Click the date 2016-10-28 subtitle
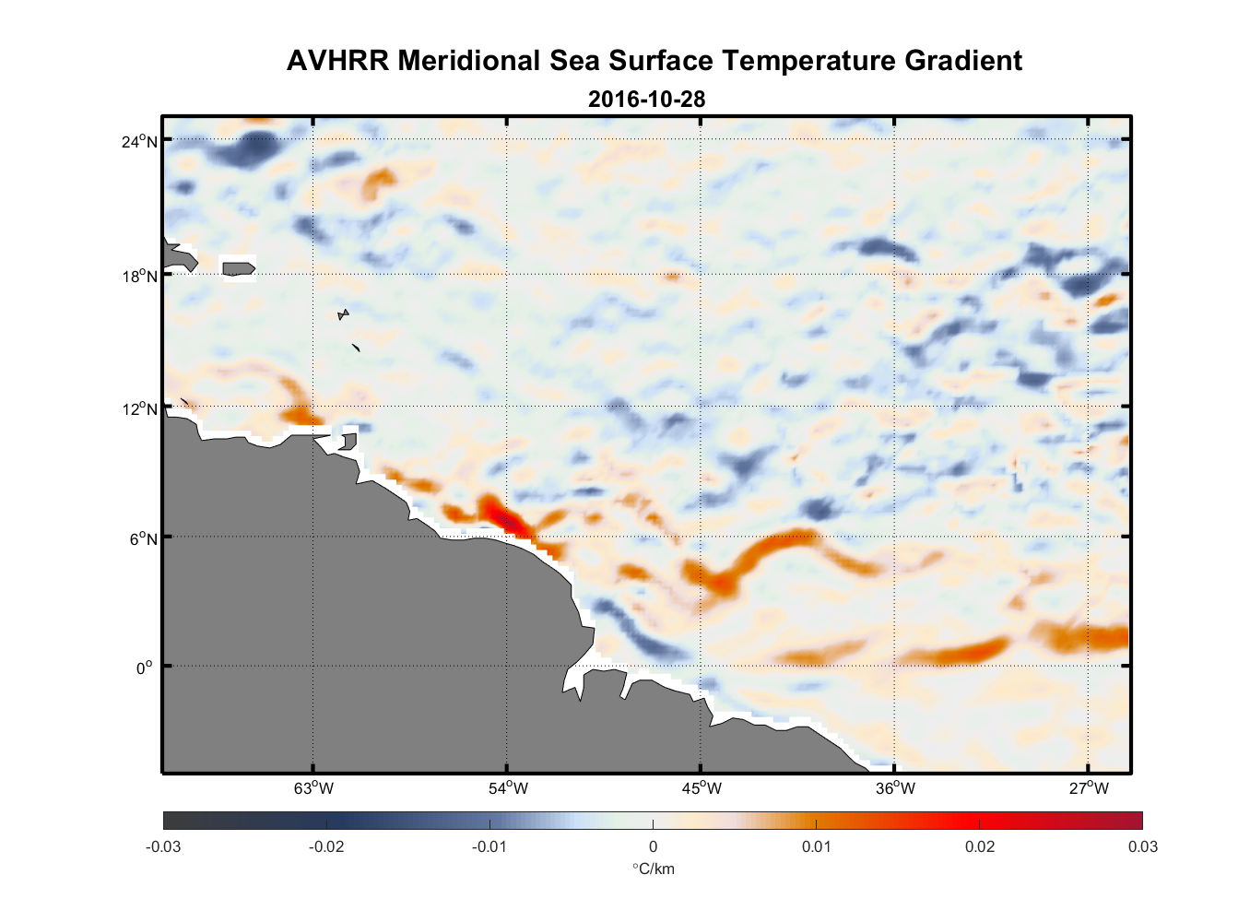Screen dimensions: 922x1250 [646, 99]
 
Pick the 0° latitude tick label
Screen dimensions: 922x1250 [146, 668]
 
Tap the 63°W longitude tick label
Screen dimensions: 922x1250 [313, 788]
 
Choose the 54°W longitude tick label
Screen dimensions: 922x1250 [508, 788]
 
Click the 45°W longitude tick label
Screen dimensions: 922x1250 [702, 788]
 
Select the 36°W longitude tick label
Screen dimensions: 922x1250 [895, 788]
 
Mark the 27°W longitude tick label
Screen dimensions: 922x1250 [1089, 788]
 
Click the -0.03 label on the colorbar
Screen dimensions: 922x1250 [163, 846]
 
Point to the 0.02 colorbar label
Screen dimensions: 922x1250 [980, 846]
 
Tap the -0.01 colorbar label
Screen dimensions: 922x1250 [489, 846]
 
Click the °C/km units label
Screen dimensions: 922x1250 [653, 869]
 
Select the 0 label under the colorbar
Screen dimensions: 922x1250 [653, 846]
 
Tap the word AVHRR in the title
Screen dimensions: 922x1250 [337, 61]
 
